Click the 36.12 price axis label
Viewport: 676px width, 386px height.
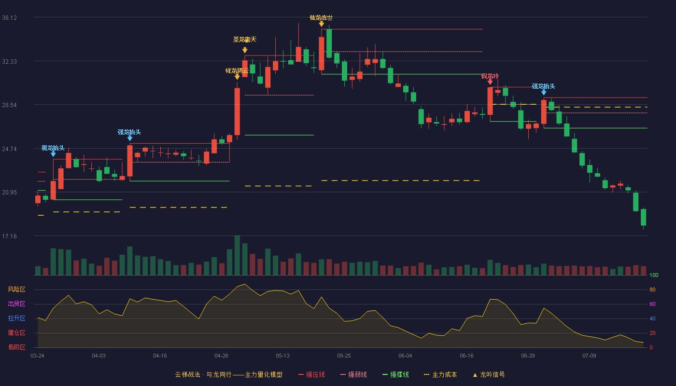point(9,18)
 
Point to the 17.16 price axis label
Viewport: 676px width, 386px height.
point(9,236)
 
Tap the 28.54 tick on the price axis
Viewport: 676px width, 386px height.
point(9,105)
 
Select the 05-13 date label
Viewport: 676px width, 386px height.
point(282,356)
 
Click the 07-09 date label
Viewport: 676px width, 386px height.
point(589,356)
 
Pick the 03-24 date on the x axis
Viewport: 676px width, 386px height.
point(38,356)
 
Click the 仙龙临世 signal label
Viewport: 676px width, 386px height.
point(321,18)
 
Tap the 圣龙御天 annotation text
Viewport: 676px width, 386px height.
point(245,40)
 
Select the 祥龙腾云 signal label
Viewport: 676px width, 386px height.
point(237,71)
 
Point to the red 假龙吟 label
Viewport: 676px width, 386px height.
point(490,76)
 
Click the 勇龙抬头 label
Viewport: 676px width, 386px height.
point(53,148)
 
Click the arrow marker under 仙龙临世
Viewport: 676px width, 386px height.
point(322,24)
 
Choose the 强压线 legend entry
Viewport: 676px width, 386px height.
point(311,374)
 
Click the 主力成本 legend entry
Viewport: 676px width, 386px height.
point(440,374)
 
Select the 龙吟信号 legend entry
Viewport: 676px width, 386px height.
point(489,374)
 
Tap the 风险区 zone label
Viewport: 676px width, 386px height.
point(16,289)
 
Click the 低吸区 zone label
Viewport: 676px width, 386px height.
point(16,347)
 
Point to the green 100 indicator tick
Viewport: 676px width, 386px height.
point(654,275)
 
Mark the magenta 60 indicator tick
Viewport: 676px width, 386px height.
point(652,304)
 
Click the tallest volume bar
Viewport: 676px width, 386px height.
point(237,255)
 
